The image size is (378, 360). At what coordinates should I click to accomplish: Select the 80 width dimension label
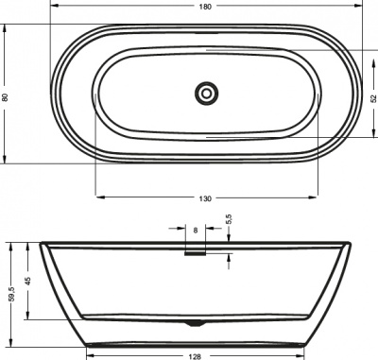tap(5, 96)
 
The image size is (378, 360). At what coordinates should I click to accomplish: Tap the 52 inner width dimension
tap(372, 96)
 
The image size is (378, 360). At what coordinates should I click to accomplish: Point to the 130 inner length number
tap(205, 197)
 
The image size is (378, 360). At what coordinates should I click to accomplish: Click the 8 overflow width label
tap(196, 230)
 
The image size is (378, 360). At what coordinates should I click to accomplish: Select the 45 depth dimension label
tap(27, 280)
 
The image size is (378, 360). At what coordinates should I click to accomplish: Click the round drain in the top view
tap(205, 93)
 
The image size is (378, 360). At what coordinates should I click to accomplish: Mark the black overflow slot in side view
tap(196, 252)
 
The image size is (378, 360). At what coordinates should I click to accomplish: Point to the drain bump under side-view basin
tap(196, 324)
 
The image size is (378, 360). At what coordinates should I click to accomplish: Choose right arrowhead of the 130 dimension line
tap(318, 197)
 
